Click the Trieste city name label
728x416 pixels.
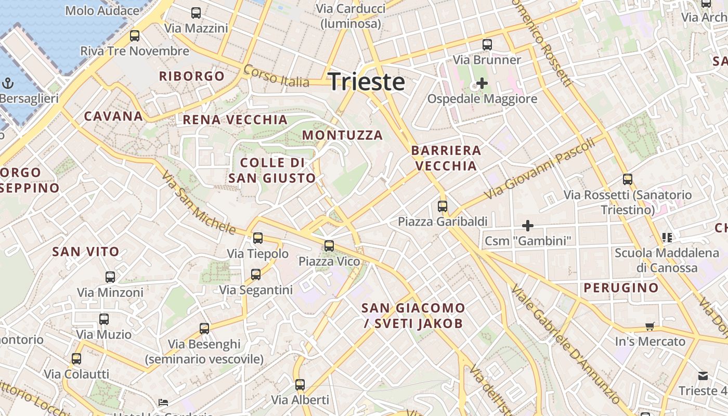pyautogui.click(x=367, y=82)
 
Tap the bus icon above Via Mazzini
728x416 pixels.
pyautogui.click(x=196, y=13)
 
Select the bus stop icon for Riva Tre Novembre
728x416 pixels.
pyautogui.click(x=135, y=36)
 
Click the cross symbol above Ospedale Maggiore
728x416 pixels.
pyautogui.click(x=482, y=83)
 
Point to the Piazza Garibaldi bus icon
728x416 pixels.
pyautogui.click(x=443, y=206)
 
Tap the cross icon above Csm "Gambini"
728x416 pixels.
pyautogui.click(x=528, y=226)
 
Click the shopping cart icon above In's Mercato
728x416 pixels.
pyautogui.click(x=649, y=327)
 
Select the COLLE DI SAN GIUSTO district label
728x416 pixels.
pyautogui.click(x=272, y=171)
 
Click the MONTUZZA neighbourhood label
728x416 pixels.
pyautogui.click(x=342, y=135)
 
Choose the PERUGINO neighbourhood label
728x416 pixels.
pyautogui.click(x=621, y=288)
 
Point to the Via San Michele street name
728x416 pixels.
pyautogui.click(x=198, y=203)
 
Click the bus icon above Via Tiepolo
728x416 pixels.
pyautogui.click(x=258, y=238)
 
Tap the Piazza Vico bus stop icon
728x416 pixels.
pyautogui.click(x=329, y=245)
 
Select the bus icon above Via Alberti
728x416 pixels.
pyautogui.click(x=300, y=385)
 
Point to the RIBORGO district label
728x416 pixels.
pyautogui.click(x=192, y=76)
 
